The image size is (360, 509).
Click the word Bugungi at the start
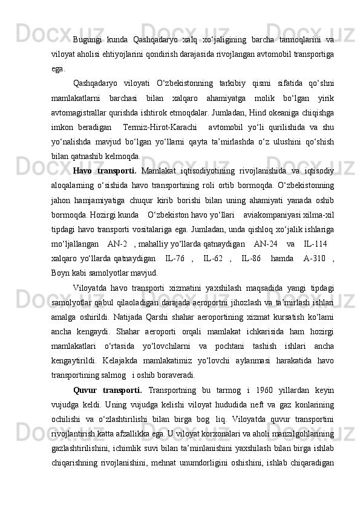[x=86, y=40]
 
